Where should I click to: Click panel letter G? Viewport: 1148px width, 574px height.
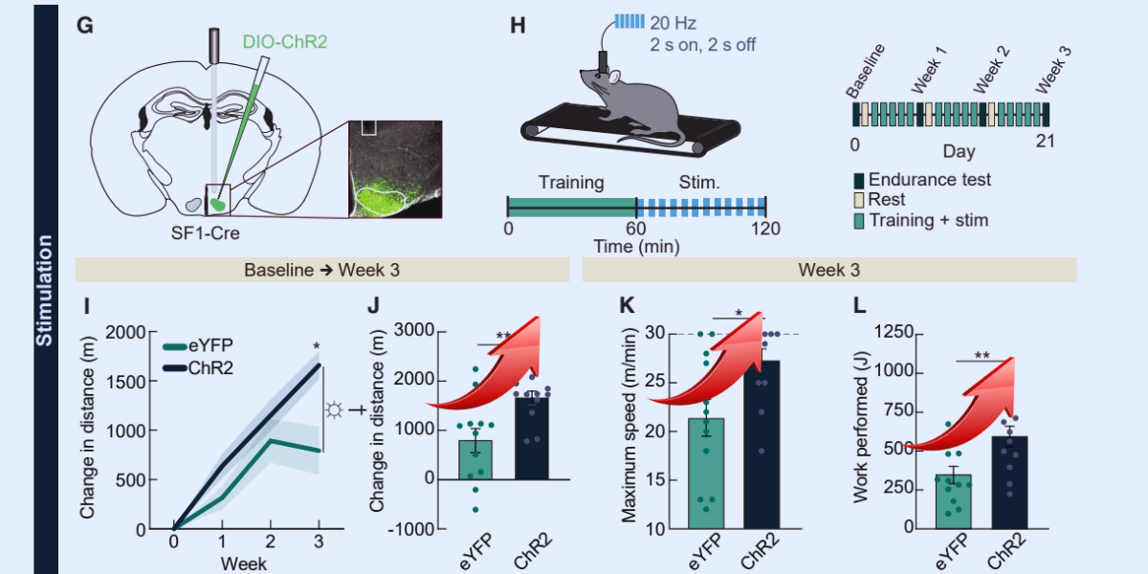tap(84, 26)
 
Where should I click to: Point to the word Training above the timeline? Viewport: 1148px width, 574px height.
tap(571, 182)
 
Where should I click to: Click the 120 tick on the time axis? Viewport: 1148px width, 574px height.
tap(765, 229)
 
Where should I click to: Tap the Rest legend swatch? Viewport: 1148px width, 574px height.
tap(860, 200)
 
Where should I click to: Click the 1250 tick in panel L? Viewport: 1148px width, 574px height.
tap(894, 332)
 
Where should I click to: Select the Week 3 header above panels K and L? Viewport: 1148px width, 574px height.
tap(829, 270)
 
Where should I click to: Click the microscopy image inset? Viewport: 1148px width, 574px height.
tap(394, 169)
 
